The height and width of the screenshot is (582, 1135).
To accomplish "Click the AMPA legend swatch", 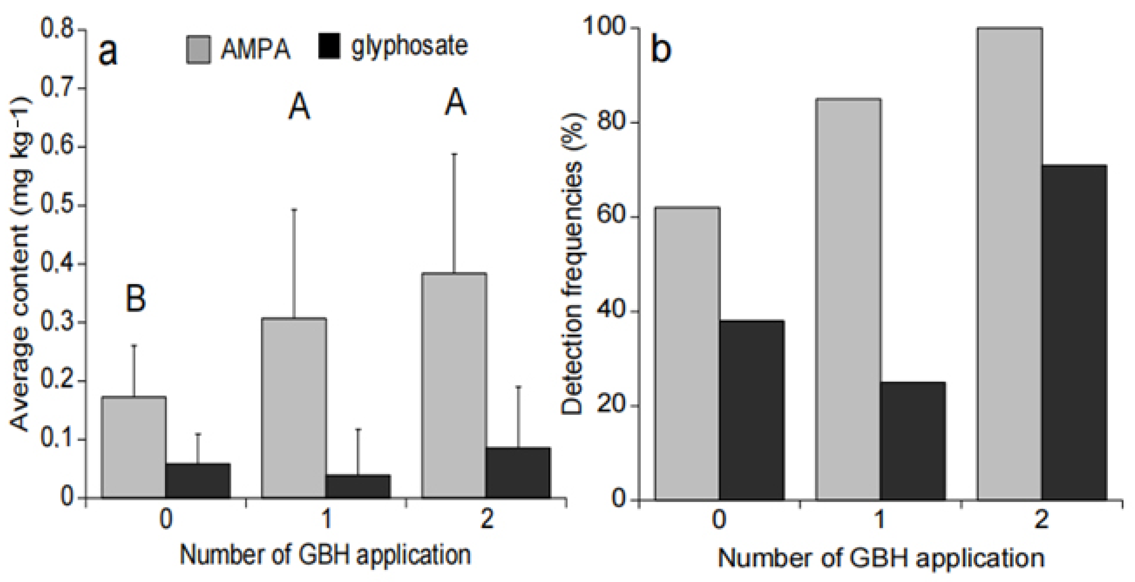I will click(x=198, y=49).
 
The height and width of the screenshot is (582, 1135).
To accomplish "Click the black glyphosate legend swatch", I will click(x=329, y=46).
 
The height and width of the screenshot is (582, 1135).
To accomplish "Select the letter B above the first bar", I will click(x=135, y=298).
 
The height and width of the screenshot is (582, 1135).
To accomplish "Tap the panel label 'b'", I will click(x=661, y=49).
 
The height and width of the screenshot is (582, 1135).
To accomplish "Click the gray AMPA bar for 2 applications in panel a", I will click(x=454, y=386).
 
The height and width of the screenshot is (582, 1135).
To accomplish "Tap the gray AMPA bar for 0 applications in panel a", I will click(x=134, y=447).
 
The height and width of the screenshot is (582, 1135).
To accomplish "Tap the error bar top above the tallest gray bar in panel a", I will click(x=454, y=154).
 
